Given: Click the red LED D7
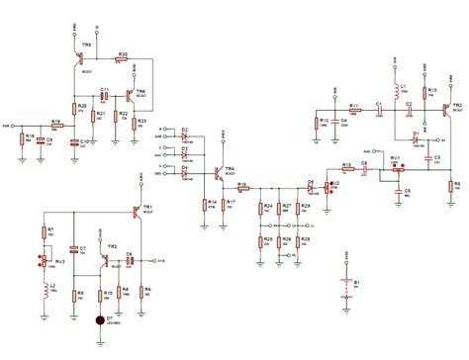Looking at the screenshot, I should [98, 320].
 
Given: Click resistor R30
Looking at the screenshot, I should [121, 59].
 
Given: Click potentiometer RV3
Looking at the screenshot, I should [43, 262].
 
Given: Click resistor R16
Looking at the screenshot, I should [240, 184].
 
